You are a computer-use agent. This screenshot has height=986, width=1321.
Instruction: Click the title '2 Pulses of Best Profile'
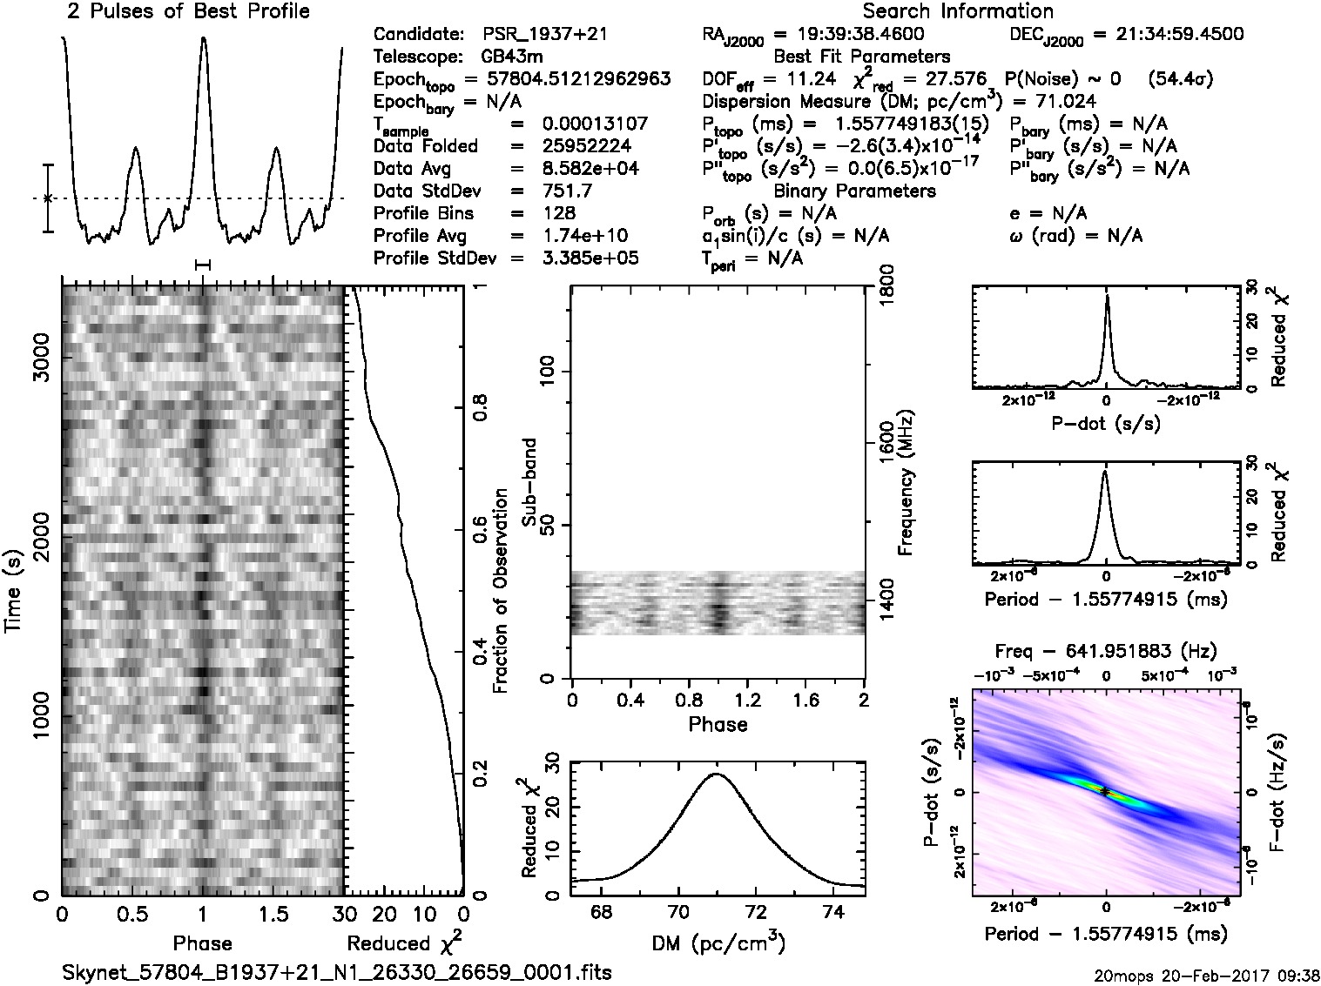point(188,11)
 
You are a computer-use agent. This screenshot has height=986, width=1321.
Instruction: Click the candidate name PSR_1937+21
point(544,35)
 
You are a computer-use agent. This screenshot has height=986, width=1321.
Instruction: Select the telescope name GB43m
point(513,57)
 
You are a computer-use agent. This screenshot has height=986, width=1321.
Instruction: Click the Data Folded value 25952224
point(586,146)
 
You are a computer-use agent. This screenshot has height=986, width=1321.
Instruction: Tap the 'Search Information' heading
point(958,11)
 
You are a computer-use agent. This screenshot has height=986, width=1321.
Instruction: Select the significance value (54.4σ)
point(1181,79)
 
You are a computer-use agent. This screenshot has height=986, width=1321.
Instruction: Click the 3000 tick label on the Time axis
point(39,358)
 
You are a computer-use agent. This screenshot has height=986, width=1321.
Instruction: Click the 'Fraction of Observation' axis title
point(500,591)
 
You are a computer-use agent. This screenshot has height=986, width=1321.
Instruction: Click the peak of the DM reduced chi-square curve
point(716,773)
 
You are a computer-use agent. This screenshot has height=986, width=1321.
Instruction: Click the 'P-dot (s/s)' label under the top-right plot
point(1106,423)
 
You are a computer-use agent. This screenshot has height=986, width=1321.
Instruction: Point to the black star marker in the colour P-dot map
point(1104,792)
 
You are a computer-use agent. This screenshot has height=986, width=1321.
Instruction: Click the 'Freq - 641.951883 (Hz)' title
point(1106,651)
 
